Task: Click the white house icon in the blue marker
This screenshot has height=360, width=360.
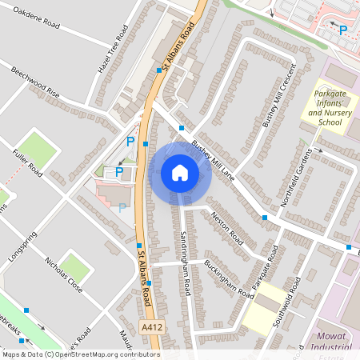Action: point(180,173)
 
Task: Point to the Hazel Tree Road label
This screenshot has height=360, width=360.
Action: point(113,50)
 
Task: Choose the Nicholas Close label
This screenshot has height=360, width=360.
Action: point(64,275)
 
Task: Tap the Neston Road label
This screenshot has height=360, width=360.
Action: point(226,226)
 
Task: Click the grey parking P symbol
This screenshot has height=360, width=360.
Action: point(122,207)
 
